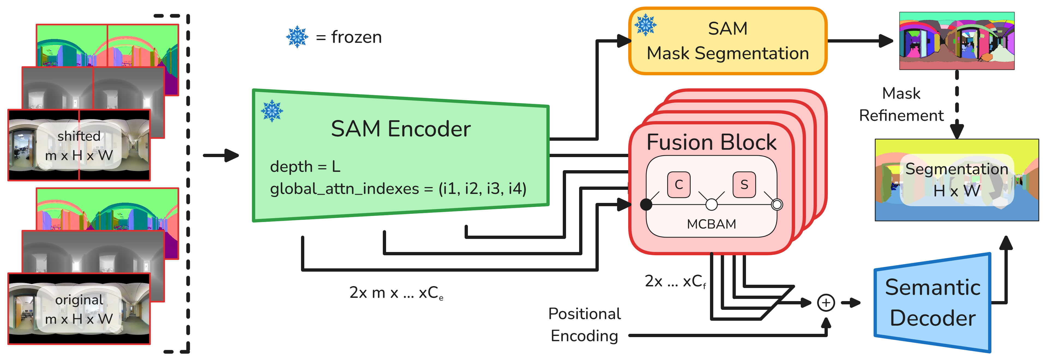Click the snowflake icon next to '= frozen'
click(297, 37)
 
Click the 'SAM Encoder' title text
click(401, 129)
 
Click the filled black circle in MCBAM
click(646, 204)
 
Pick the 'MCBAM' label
click(711, 224)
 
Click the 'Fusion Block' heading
click(711, 142)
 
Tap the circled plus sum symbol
click(826, 303)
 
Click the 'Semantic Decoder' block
click(932, 303)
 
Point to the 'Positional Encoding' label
click(585, 325)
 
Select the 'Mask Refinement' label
click(901, 104)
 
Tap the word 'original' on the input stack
click(79, 300)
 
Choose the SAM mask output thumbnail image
click(957, 41)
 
